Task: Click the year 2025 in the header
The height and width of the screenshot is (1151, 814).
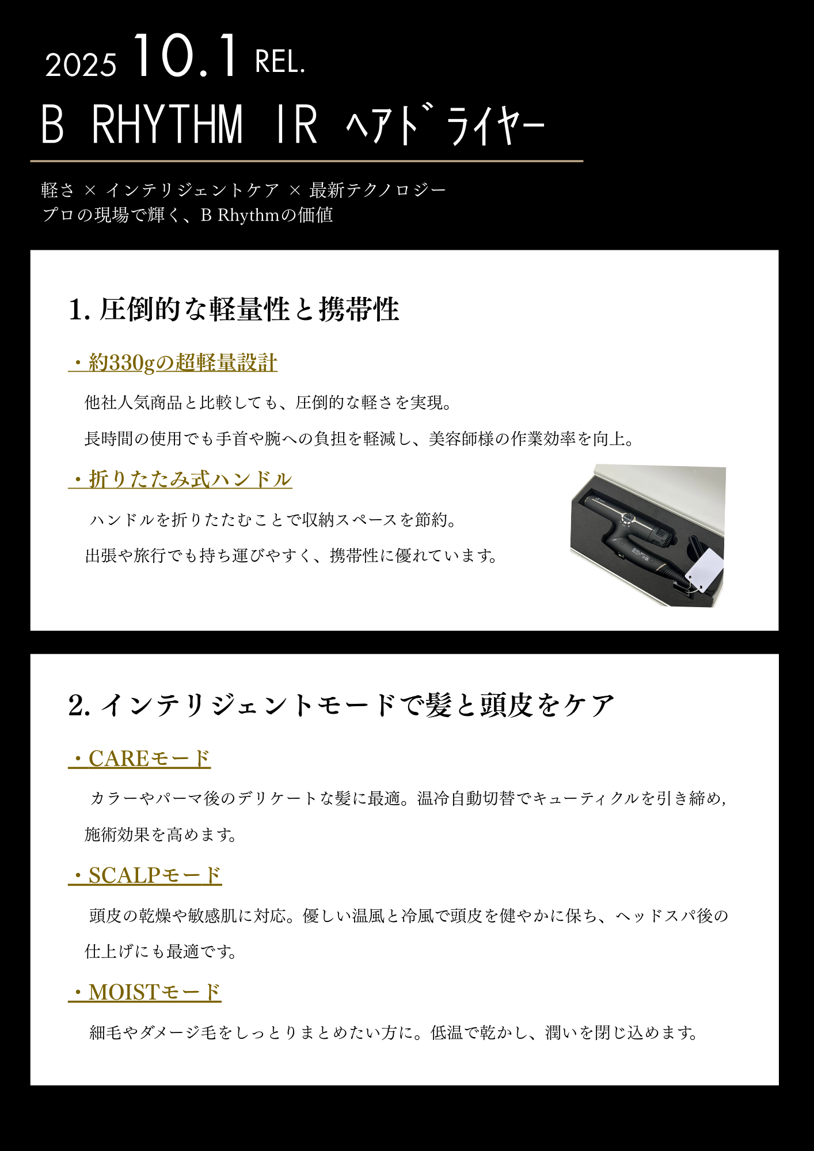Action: pyautogui.click(x=81, y=64)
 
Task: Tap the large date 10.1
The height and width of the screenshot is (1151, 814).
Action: pyautogui.click(x=185, y=56)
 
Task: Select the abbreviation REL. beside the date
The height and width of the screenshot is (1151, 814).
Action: pyautogui.click(x=280, y=62)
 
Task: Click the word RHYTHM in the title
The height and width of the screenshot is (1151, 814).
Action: pyautogui.click(x=168, y=124)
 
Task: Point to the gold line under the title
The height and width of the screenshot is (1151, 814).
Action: pyautogui.click(x=307, y=161)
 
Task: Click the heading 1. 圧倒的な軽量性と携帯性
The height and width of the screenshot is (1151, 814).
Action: pyautogui.click(x=234, y=309)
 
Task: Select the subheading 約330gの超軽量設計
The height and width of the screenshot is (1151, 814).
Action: pyautogui.click(x=173, y=363)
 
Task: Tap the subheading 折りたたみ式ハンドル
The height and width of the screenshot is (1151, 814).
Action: pyautogui.click(x=180, y=479)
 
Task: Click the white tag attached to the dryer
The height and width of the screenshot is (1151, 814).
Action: pyautogui.click(x=704, y=570)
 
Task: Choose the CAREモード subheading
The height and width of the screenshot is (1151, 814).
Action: pyautogui.click(x=139, y=759)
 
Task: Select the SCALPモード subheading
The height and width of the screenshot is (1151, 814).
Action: pyautogui.click(x=145, y=875)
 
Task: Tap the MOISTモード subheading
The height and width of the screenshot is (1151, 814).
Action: pyautogui.click(x=144, y=992)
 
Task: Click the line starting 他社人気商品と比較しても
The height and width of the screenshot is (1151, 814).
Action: pyautogui.click(x=268, y=402)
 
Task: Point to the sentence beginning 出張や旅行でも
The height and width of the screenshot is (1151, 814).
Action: pyautogui.click(x=291, y=555)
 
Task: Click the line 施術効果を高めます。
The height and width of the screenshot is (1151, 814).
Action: pyautogui.click(x=161, y=834)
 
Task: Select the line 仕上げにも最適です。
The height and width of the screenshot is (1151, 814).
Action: pyautogui.click(x=161, y=951)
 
